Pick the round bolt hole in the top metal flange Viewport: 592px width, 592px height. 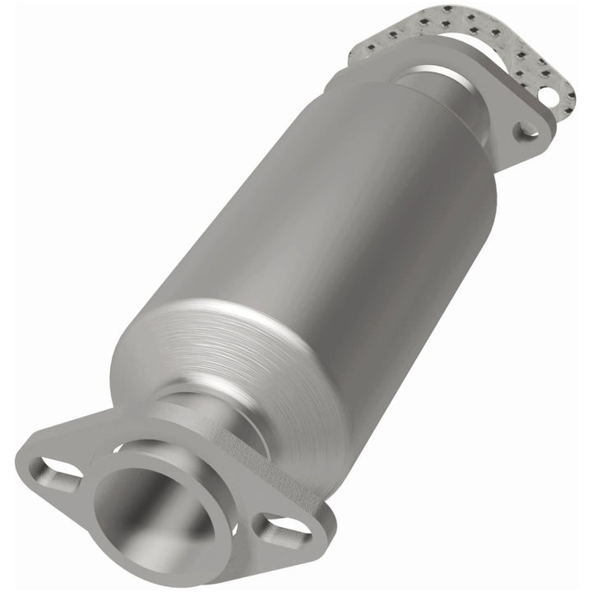tap(527, 130)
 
